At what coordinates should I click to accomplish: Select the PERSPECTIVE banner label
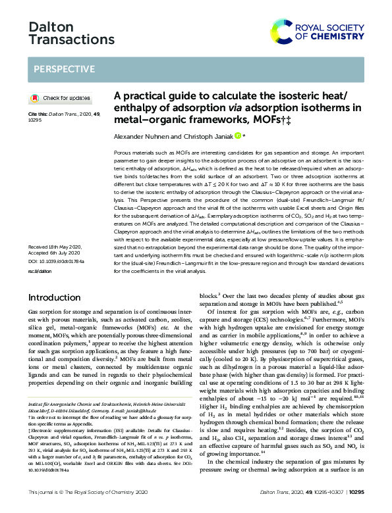64,69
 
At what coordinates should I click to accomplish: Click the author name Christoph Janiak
210,137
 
